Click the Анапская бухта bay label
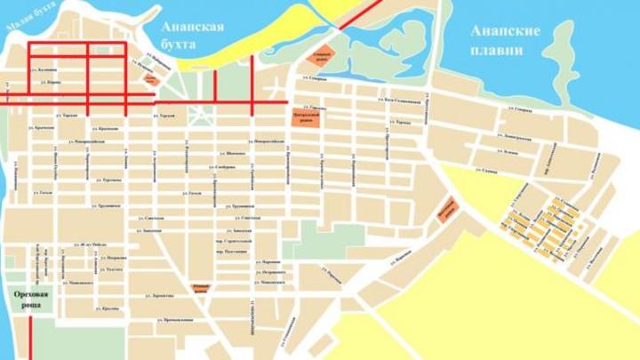point(192,34)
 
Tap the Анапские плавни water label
point(506,40)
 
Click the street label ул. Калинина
point(44,68)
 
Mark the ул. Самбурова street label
point(224,166)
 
